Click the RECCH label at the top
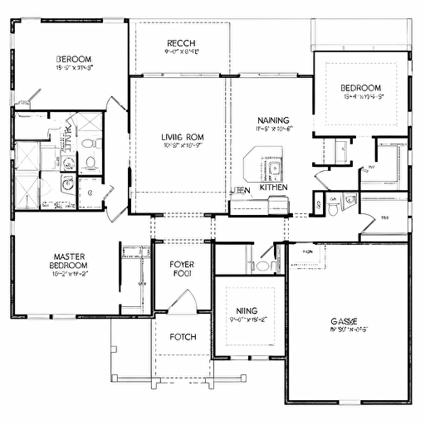coord(182,43)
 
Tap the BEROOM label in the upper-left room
coord(74,59)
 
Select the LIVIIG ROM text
coord(183,137)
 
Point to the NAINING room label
coord(273,120)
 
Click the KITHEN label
coord(274,188)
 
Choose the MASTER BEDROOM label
coord(70,261)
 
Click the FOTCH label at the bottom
coord(182,337)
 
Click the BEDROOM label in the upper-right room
coord(360,88)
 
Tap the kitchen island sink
coord(275,169)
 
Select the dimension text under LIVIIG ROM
coord(183,146)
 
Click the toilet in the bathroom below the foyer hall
coord(263,266)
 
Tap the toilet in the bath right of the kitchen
coord(333,210)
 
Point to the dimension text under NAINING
coord(273,129)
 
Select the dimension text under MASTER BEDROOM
coord(70,272)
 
